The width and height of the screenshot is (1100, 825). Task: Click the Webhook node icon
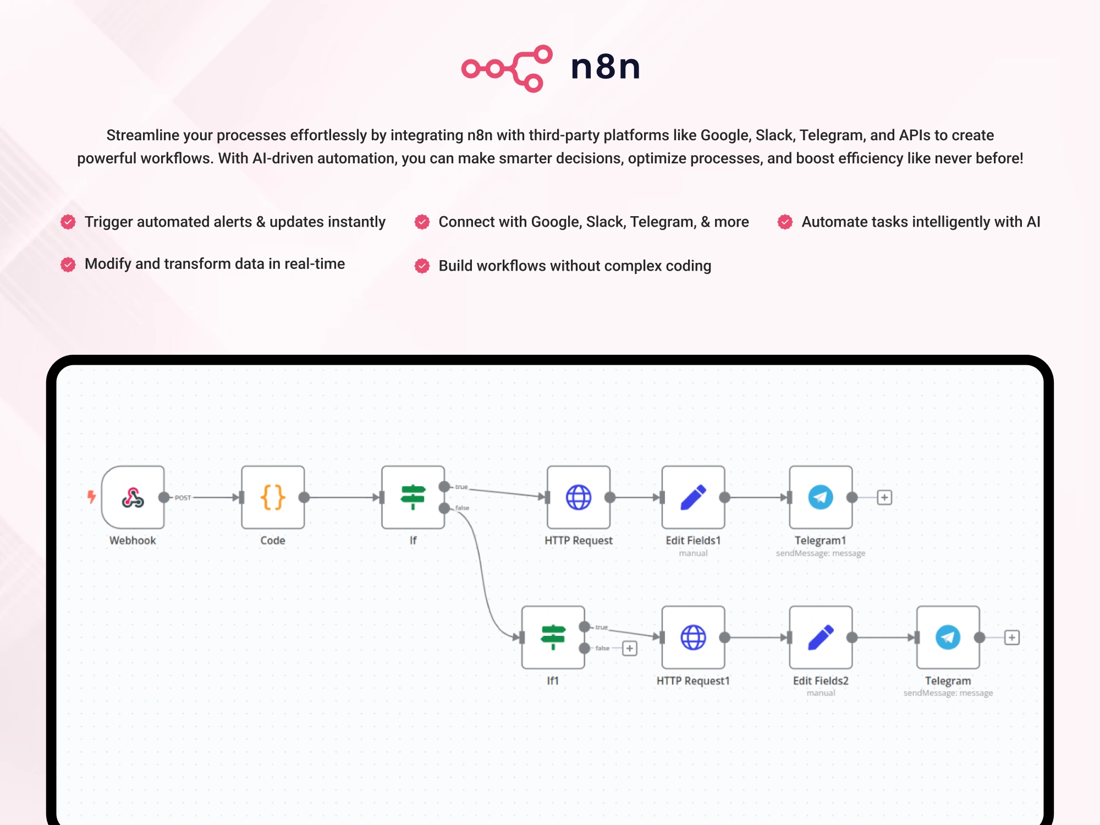[x=133, y=497]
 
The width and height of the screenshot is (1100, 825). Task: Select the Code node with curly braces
[x=273, y=497]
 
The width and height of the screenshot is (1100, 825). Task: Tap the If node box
[x=413, y=497]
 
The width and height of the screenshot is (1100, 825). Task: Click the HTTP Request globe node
[x=579, y=497]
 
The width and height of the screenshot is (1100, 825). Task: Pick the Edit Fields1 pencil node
[x=694, y=497]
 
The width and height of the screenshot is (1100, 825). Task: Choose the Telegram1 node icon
[x=821, y=497]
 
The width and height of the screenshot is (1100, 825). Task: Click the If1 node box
[x=553, y=637]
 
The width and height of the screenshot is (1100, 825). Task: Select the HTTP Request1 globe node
[x=694, y=637]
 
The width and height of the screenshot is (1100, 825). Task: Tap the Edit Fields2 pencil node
[x=821, y=637]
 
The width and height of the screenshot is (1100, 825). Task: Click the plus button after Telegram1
[x=884, y=497]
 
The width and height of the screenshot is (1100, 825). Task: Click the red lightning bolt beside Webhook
[x=92, y=497]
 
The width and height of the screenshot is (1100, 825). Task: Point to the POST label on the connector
[x=183, y=498]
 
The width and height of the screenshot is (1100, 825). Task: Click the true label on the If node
[x=461, y=487]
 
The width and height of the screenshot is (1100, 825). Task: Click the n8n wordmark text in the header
[x=606, y=67]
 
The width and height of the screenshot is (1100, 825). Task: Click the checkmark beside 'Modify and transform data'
[x=68, y=265]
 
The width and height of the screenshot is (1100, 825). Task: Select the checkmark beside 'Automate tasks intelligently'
[x=785, y=222]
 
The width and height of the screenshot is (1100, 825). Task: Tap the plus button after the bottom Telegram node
[x=1012, y=637]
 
